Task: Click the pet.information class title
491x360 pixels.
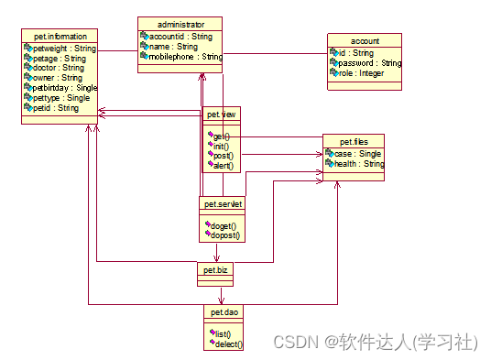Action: [60, 37]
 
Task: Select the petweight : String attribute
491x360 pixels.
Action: [64, 48]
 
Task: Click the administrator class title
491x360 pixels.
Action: [180, 24]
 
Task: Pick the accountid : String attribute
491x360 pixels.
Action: [180, 37]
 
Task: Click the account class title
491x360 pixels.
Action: [365, 41]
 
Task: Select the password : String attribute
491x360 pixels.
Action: [370, 63]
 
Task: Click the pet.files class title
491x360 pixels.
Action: [353, 142]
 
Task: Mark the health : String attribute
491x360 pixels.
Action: [358, 165]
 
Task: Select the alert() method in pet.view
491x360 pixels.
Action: [223, 166]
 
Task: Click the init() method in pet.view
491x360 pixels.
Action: [221, 146]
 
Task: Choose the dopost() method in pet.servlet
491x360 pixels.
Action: [225, 235]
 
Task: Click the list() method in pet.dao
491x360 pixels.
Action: [222, 333]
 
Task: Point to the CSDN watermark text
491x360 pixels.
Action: [374, 341]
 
